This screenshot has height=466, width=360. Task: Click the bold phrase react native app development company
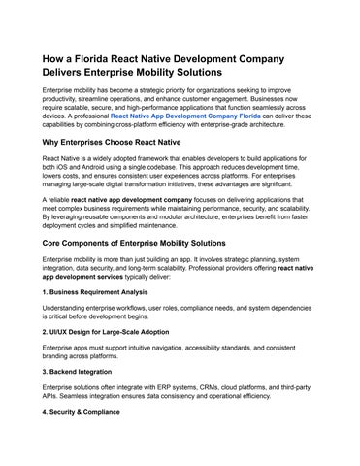point(140,199)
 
